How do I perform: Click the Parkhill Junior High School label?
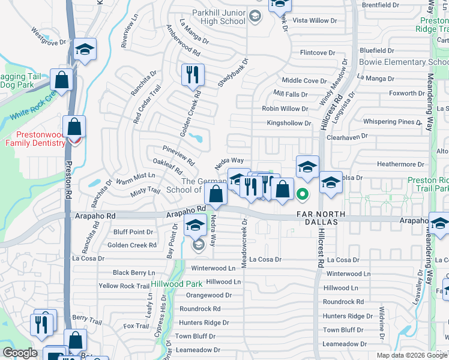pyautogui.click(x=218, y=17)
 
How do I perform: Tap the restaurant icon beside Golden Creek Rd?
pyautogui.click(x=193, y=75)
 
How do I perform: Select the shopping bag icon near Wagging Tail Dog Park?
pyautogui.click(x=61, y=79)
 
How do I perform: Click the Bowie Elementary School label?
pyautogui.click(x=403, y=62)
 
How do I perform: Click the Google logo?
pyautogui.click(x=20, y=353)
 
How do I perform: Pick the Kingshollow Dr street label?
pyautogui.click(x=289, y=123)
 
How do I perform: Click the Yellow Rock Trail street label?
pyautogui.click(x=124, y=286)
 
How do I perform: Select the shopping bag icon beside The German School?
pyautogui.click(x=215, y=194)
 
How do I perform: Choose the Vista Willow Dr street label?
pyautogui.click(x=320, y=20)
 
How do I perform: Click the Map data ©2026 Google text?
pyautogui.click(x=412, y=355)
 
